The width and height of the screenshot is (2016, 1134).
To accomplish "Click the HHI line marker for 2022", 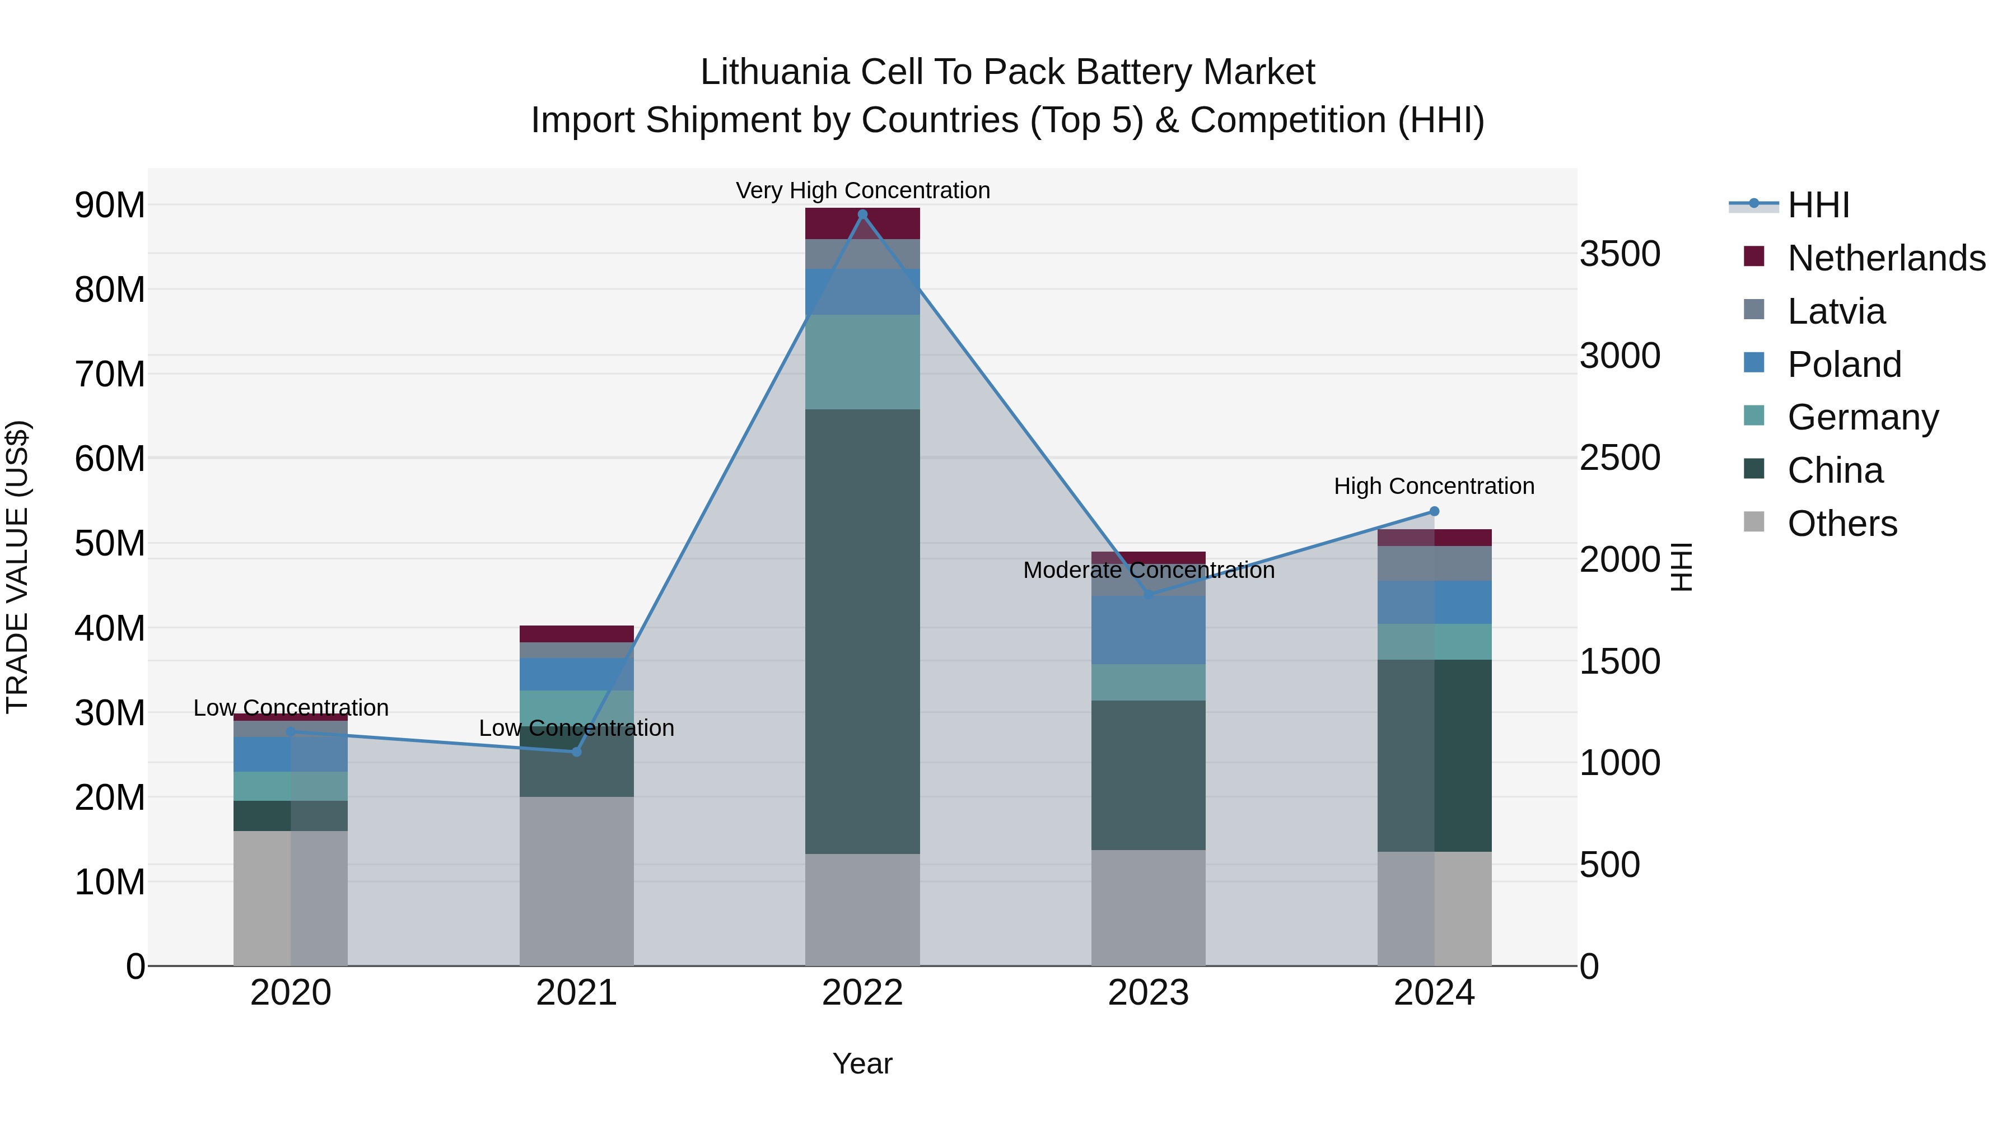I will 862,214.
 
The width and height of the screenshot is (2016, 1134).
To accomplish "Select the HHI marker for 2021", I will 577,752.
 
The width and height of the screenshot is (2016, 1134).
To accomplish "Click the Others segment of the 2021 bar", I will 577,880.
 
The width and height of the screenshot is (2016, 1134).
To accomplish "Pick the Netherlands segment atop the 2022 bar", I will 862,223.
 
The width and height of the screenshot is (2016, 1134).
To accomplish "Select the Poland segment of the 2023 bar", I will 1148,630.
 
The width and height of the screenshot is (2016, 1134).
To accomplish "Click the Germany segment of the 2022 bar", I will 862,362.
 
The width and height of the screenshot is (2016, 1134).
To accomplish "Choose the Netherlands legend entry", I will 1886,258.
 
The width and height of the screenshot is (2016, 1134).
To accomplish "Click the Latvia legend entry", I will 1836,311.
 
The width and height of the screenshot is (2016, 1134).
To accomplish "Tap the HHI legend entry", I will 1818,205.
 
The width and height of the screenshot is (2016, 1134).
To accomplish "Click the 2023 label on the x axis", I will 1148,993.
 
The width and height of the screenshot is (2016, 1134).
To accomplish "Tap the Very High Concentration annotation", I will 862,190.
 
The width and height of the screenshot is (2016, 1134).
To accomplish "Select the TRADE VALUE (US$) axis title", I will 18,567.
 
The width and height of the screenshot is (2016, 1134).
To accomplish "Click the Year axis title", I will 862,1063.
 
